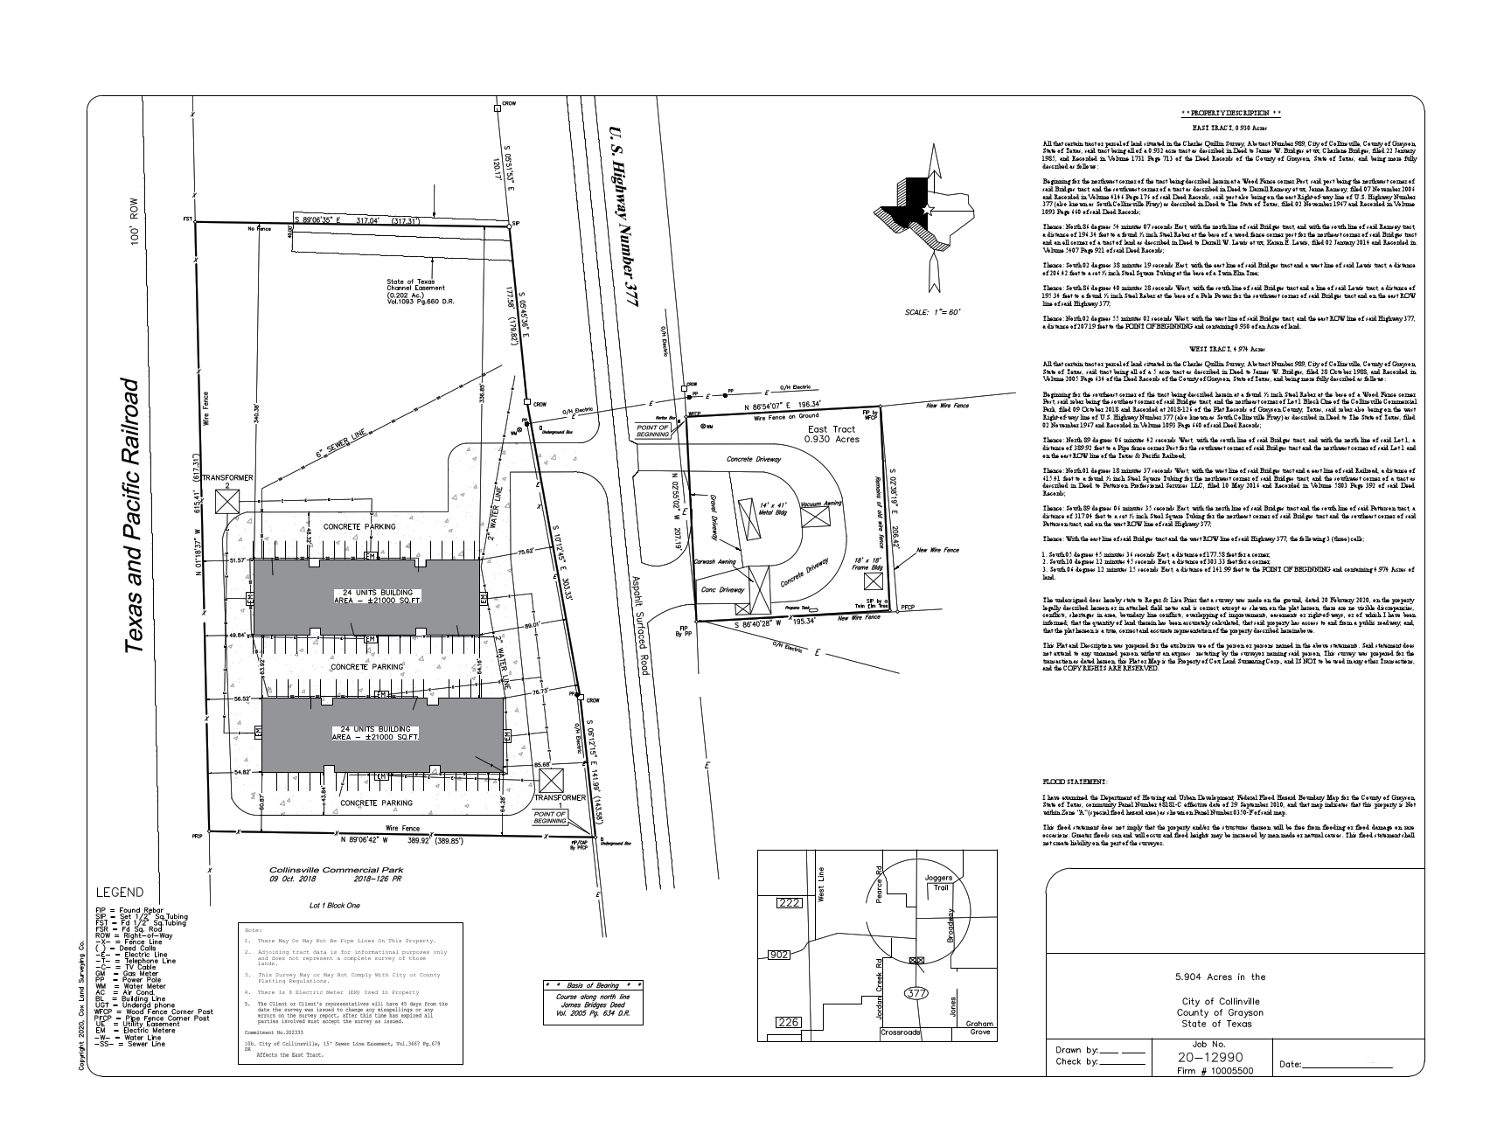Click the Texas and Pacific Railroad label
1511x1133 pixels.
[134, 516]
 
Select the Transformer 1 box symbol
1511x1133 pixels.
[552, 780]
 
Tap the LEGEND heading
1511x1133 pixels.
[120, 893]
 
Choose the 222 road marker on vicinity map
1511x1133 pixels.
[789, 903]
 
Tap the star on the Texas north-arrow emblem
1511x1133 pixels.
[928, 210]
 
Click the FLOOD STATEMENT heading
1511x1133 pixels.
[1074, 781]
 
